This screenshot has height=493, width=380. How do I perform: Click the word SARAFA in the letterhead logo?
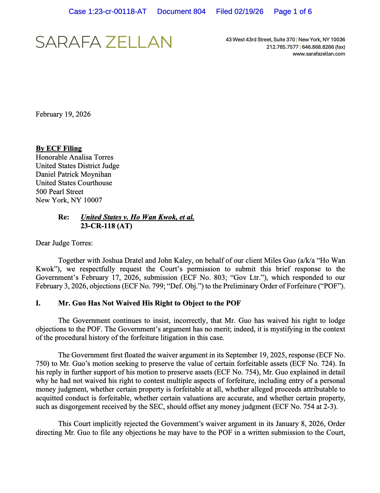click(68, 42)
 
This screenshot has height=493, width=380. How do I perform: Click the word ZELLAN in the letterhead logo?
click(138, 42)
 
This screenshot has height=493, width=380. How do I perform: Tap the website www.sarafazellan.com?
click(319, 54)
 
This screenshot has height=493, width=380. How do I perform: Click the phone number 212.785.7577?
click(282, 47)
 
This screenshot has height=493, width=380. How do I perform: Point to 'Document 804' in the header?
click(181, 12)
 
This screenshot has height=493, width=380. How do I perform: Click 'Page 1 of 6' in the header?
click(293, 12)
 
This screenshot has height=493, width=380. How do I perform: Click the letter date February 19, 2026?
click(63, 114)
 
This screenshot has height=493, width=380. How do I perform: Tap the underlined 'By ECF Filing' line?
click(59, 148)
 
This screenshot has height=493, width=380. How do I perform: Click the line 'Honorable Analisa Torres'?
click(74, 157)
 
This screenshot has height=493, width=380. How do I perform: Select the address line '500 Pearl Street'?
click(60, 192)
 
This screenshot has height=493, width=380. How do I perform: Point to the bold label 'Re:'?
click(64, 217)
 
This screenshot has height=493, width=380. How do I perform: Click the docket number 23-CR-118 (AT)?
click(106, 226)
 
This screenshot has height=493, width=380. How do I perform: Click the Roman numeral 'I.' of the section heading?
click(38, 303)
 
